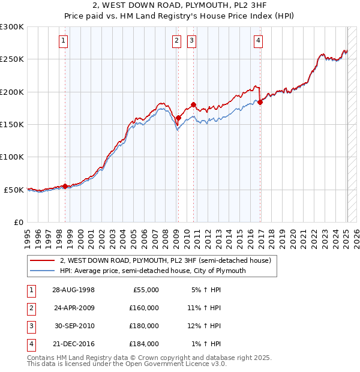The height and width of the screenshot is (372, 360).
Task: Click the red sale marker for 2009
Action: [178, 118]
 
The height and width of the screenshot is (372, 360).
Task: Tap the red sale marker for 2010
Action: [193, 105]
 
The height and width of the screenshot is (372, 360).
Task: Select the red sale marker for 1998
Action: [65, 187]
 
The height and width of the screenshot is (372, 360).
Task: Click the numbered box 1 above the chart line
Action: [63, 41]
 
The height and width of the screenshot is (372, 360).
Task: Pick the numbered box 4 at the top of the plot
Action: [258, 41]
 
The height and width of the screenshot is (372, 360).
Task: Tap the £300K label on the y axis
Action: [12, 27]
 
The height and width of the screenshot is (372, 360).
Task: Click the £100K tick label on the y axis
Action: [12, 157]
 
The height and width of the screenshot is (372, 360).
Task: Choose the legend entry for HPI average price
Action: [153, 271]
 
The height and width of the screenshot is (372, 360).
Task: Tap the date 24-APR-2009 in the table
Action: [74, 308]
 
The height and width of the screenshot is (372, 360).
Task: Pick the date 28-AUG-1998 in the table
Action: [74, 290]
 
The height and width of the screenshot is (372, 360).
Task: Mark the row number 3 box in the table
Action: [30, 326]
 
